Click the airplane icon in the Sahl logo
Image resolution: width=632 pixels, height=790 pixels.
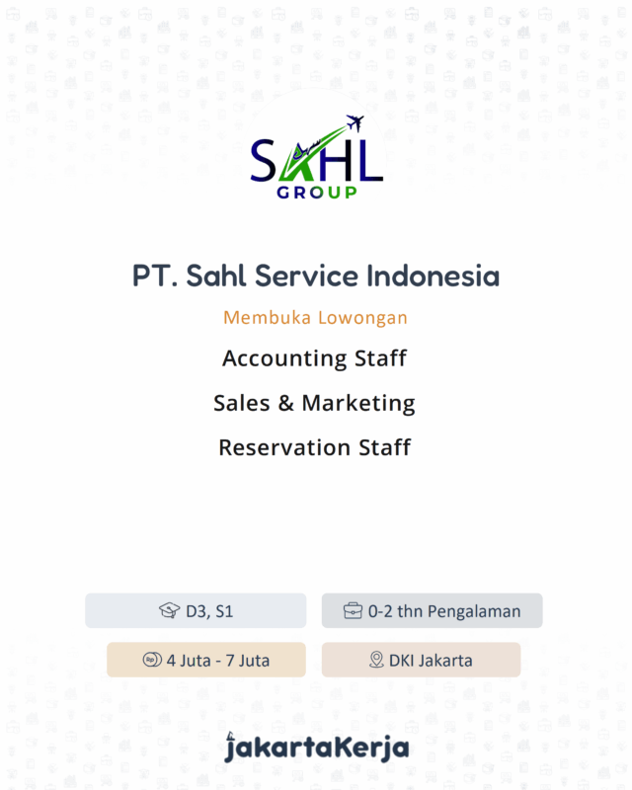[356, 124]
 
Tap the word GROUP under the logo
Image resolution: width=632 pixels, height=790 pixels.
[317, 192]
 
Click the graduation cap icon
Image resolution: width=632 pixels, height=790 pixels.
[169, 611]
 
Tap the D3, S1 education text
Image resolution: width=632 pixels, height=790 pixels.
[209, 611]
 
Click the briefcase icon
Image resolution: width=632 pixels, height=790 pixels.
[353, 611]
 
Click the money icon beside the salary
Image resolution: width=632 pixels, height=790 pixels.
[151, 660]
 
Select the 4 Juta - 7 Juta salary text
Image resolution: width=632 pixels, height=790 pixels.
[218, 660]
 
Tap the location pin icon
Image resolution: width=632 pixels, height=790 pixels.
[376, 660]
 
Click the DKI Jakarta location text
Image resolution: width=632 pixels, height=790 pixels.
[431, 660]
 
